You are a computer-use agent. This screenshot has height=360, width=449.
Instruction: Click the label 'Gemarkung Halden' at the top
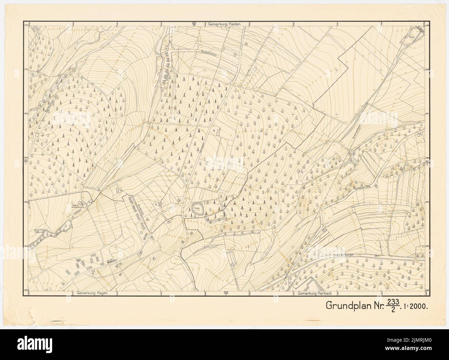224,24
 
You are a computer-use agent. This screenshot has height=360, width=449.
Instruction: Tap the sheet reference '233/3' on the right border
427,163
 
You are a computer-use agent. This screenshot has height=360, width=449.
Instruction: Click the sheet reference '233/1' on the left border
25,162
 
